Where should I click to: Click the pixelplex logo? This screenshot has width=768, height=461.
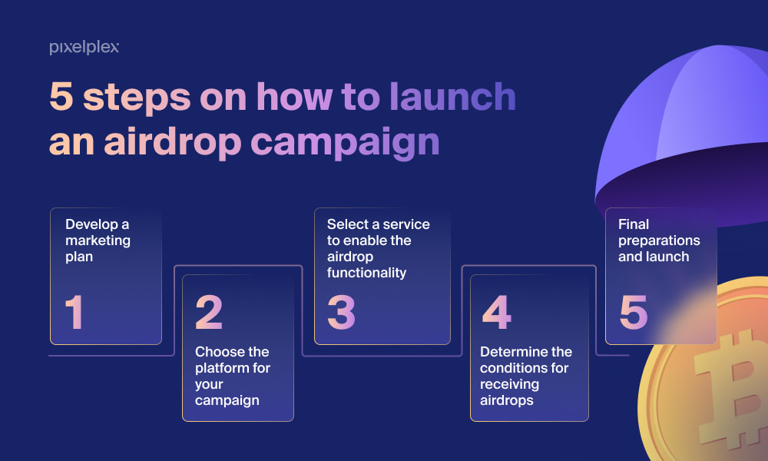(x=84, y=47)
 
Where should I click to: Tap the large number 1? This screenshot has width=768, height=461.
(x=74, y=312)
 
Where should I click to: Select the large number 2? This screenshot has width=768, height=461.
(x=209, y=312)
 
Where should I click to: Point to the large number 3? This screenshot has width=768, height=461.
(x=341, y=312)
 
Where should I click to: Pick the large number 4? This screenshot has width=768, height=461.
(x=497, y=312)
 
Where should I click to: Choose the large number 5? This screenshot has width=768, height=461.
(x=634, y=312)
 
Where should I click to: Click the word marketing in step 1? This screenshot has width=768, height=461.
(x=98, y=241)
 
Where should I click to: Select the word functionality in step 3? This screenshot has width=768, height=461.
(x=366, y=273)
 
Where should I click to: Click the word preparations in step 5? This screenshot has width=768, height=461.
(x=659, y=241)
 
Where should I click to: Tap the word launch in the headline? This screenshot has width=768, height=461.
(x=452, y=97)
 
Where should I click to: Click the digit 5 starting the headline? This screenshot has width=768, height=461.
(x=61, y=97)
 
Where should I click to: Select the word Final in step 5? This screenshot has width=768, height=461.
(x=634, y=224)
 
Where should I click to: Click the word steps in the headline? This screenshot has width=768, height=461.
(x=137, y=98)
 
